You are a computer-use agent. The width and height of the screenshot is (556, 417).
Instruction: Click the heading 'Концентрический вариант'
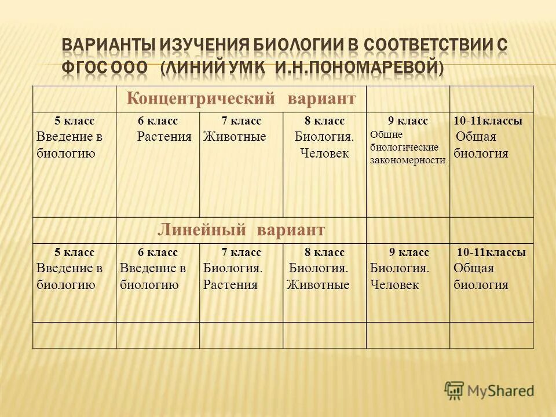click(x=241, y=98)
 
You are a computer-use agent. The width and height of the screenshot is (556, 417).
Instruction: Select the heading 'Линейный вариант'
click(x=241, y=229)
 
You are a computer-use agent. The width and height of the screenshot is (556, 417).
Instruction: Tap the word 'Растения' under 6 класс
click(x=164, y=137)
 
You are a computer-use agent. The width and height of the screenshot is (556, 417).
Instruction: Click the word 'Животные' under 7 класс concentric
click(x=234, y=137)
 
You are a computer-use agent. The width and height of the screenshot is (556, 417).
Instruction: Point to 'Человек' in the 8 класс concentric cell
click(x=324, y=153)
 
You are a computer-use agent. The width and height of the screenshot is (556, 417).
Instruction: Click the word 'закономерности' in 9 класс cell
click(x=408, y=160)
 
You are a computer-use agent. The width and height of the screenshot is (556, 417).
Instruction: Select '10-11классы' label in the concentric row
click(x=488, y=121)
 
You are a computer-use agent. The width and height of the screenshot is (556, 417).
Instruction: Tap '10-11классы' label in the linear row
click(x=491, y=253)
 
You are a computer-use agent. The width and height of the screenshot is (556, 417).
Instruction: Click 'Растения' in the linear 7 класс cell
click(x=230, y=285)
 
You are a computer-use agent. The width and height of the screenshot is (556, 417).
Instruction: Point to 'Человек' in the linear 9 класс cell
click(x=394, y=285)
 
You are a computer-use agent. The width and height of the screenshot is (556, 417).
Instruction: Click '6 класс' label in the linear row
click(x=158, y=253)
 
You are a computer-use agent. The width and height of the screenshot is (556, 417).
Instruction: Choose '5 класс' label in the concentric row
click(x=74, y=121)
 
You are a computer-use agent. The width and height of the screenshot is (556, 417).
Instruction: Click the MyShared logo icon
click(x=455, y=390)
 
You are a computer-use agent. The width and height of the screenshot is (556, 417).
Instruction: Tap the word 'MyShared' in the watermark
click(x=502, y=390)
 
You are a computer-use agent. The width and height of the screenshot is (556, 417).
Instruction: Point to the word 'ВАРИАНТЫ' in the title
click(x=108, y=45)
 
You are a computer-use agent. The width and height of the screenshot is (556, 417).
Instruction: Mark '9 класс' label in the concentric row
click(x=408, y=121)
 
